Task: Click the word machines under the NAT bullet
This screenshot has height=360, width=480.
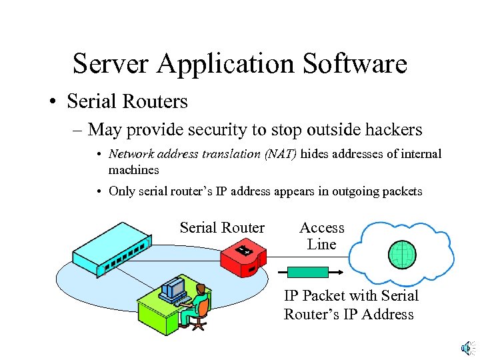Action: [x=133, y=170]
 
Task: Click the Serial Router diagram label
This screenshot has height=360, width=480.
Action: [x=222, y=228]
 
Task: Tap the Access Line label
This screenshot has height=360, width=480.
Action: [x=322, y=236]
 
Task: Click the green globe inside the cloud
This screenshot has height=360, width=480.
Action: [x=403, y=254]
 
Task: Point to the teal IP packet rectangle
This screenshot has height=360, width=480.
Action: [x=308, y=272]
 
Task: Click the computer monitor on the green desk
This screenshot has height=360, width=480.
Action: [x=175, y=287]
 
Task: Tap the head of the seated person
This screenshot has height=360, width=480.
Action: [x=199, y=289]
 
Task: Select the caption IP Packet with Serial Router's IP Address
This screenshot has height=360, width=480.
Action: [x=351, y=305]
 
